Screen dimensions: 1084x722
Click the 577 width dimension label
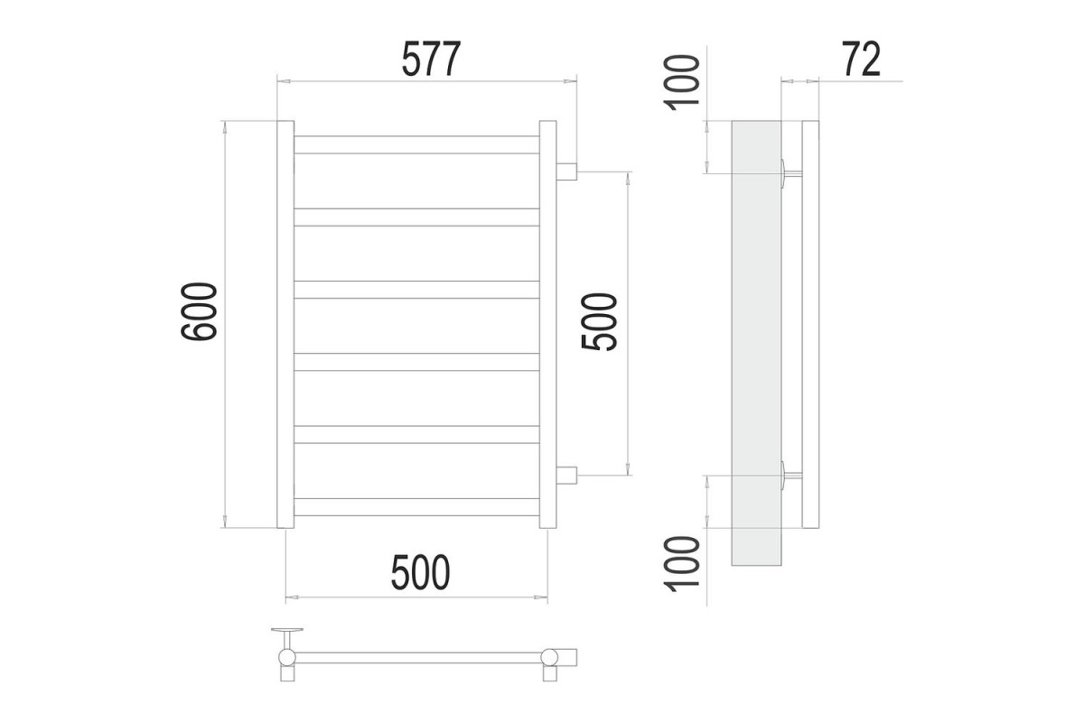(x=431, y=59)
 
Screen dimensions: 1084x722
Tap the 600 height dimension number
(x=199, y=311)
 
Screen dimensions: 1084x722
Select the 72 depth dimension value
(x=862, y=59)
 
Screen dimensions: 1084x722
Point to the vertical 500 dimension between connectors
(x=600, y=322)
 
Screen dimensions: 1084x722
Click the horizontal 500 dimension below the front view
(x=421, y=572)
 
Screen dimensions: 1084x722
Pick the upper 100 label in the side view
(x=682, y=83)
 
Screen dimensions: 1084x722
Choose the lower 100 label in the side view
(x=682, y=564)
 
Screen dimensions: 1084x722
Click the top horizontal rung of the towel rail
(x=416, y=145)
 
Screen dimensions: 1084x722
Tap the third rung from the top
(x=416, y=290)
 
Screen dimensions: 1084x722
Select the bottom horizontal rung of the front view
(x=416, y=507)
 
